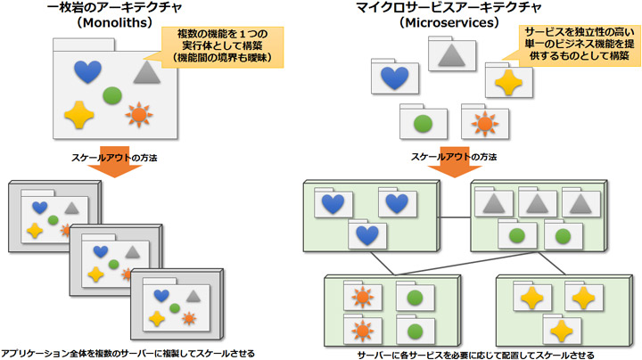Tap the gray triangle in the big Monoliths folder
(x=146, y=72)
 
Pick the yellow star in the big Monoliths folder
(x=78, y=113)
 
